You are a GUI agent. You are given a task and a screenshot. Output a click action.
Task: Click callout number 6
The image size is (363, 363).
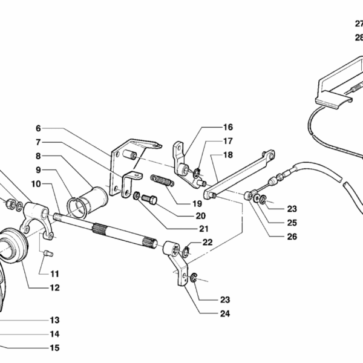(x=38, y=128)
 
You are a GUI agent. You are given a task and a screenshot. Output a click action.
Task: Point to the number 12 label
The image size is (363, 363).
(x=55, y=288)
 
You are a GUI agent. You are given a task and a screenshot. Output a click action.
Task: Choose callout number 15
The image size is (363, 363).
(x=55, y=348)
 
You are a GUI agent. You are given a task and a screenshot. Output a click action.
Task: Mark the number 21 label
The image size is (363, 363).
(x=203, y=229)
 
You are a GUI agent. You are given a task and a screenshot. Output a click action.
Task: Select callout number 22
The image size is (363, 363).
(x=208, y=242)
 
